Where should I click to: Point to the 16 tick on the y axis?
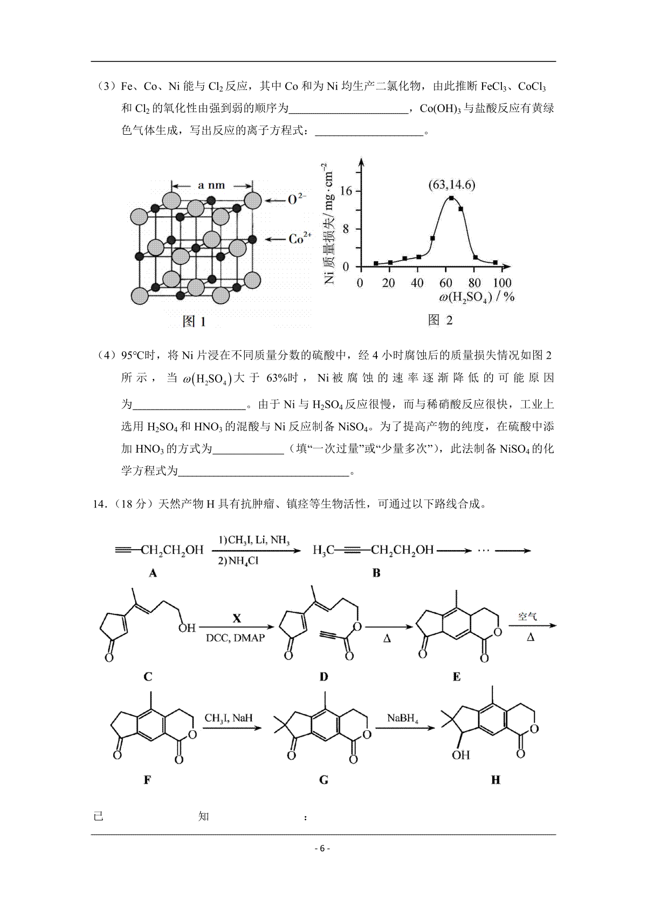(346, 191)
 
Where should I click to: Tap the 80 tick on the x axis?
(474, 282)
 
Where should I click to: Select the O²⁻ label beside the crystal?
(296, 199)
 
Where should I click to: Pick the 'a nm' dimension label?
(211, 185)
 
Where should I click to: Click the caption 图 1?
(195, 322)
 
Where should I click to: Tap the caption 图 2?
(440, 320)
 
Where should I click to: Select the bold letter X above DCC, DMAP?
(236, 619)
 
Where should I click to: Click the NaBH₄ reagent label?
(402, 718)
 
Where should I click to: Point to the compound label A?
(153, 573)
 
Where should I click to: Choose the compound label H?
(495, 780)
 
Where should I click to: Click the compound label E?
(456, 677)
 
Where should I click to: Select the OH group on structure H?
(461, 755)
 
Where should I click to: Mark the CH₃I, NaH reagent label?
(228, 718)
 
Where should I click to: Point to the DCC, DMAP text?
(235, 638)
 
